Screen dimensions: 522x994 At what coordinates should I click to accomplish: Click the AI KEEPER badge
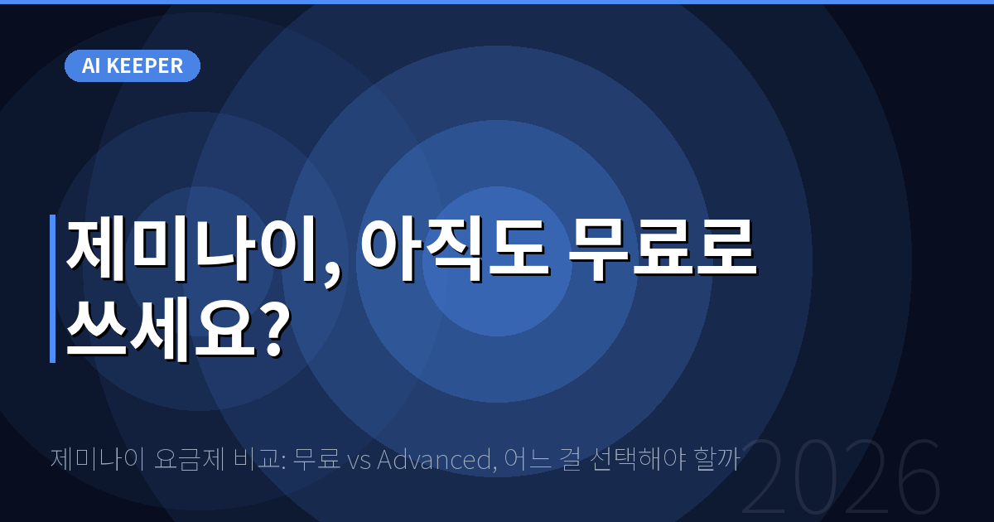tap(133, 66)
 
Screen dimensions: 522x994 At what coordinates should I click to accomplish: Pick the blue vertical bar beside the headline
tap(52, 288)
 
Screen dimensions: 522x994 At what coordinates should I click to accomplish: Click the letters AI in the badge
tap(91, 66)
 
